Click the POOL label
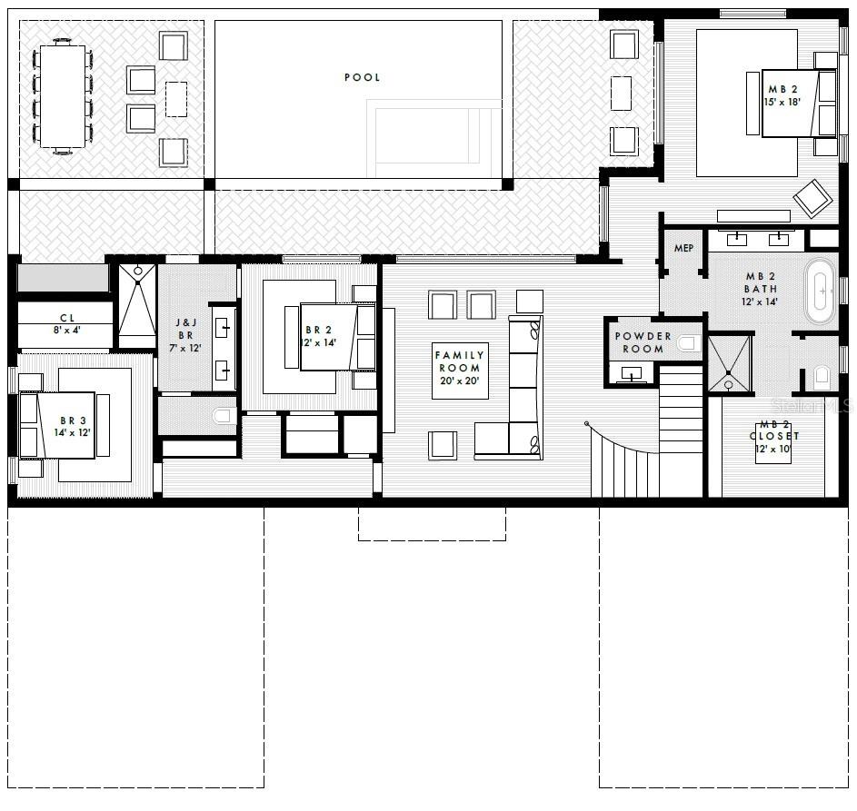click(x=362, y=77)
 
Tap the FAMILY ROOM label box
click(x=460, y=370)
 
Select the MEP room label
click(x=683, y=248)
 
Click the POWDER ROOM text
click(x=643, y=342)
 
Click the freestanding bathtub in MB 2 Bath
click(x=821, y=292)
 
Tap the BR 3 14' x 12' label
click(x=75, y=427)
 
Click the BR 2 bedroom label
click(x=320, y=336)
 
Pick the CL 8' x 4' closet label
click(x=66, y=324)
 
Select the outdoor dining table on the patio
click(x=63, y=95)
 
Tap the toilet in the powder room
click(x=688, y=343)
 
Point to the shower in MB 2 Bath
click(x=730, y=363)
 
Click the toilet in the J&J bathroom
click(x=222, y=417)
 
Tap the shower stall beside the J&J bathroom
click(x=137, y=305)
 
